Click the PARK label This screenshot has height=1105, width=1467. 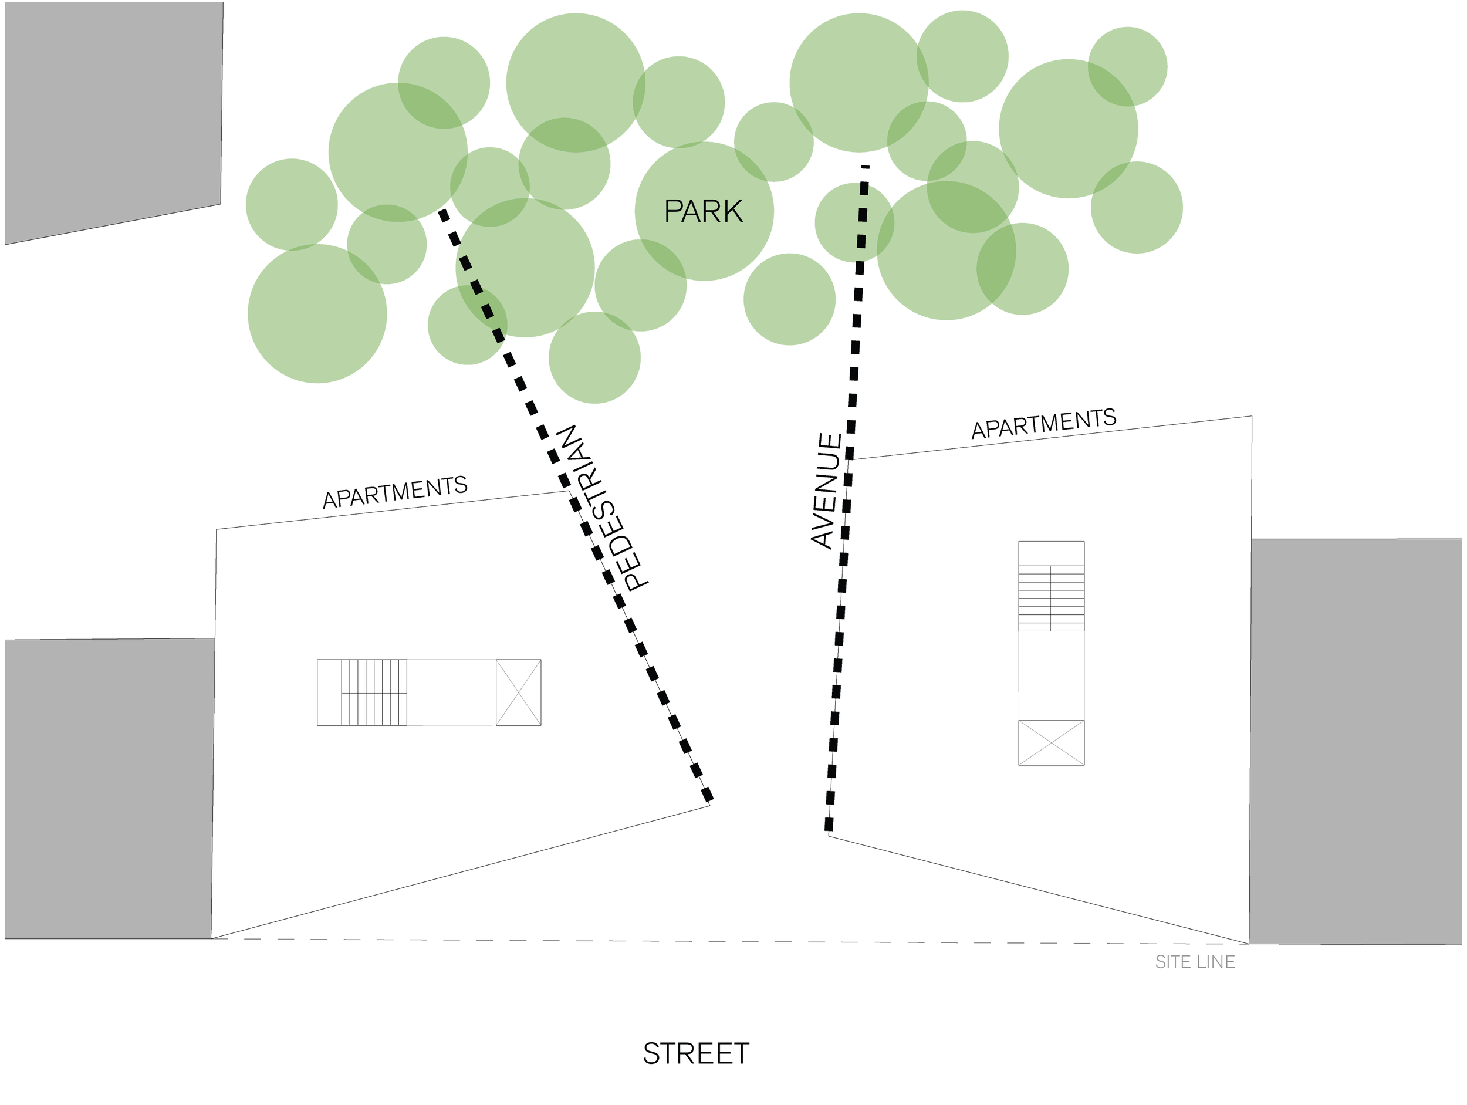pos(703,212)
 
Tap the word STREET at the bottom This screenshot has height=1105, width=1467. pos(696,1054)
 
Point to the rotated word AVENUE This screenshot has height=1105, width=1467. pos(826,491)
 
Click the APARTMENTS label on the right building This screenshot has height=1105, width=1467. pos(1044,423)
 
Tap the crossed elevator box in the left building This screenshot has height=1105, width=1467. pos(519,692)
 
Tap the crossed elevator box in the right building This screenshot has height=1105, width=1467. pos(1051,743)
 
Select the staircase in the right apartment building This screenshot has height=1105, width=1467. pos(1051,597)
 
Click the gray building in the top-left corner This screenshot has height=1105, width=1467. pos(113,113)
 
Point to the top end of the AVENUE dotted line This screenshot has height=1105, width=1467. pos(866,168)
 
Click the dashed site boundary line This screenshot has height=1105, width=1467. pos(663,941)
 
